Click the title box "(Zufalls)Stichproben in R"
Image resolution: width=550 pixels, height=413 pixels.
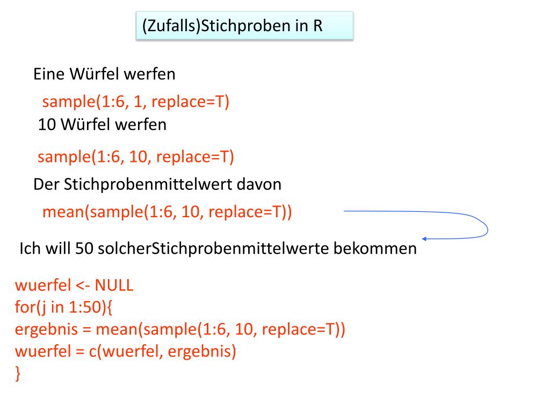[244, 26]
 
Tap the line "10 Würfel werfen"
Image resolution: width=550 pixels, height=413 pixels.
[102, 125]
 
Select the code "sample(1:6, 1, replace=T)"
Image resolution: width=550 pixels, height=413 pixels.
[136, 102]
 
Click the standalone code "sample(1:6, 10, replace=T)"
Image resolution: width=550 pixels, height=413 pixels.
[136, 157]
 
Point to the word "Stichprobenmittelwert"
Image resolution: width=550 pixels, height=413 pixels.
[148, 184]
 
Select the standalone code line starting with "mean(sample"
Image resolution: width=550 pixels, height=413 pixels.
[167, 212]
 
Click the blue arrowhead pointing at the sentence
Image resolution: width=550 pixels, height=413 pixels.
[424, 238]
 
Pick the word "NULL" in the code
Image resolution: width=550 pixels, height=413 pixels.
[114, 286]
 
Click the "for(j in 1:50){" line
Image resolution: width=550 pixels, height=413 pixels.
[64, 308]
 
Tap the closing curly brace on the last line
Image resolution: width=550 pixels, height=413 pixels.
[18, 373]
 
